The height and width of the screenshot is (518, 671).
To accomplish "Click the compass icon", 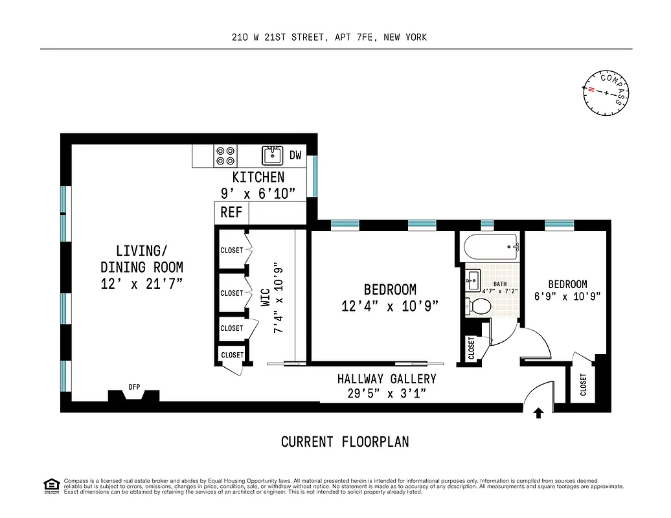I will pyautogui.click(x=606, y=93).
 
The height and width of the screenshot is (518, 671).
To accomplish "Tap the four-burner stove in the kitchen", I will pyautogui.click(x=226, y=155).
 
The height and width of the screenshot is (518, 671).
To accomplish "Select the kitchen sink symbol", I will pyautogui.click(x=273, y=155).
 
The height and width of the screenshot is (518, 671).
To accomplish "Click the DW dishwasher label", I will pyautogui.click(x=295, y=155).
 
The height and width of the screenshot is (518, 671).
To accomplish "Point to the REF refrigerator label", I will pyautogui.click(x=231, y=212).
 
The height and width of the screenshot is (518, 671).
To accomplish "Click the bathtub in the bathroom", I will pyautogui.click(x=490, y=247).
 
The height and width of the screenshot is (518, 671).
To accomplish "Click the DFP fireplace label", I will pyautogui.click(x=134, y=387).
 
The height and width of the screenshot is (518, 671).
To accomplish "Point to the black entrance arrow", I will pyautogui.click(x=538, y=413).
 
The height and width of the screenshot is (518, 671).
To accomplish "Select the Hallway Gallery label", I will pyautogui.click(x=386, y=379).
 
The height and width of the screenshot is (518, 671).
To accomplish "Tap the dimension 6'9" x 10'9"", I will pyautogui.click(x=567, y=297).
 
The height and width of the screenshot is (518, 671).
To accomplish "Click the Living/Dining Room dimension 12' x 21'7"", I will pyautogui.click(x=141, y=283).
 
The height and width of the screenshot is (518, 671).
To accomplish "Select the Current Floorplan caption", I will pyautogui.click(x=345, y=442).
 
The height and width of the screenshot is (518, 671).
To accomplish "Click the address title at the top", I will pyautogui.click(x=329, y=38).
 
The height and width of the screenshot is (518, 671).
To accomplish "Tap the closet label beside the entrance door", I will pyautogui.click(x=583, y=385).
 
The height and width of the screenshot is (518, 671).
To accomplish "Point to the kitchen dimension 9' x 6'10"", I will pyautogui.click(x=258, y=192).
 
